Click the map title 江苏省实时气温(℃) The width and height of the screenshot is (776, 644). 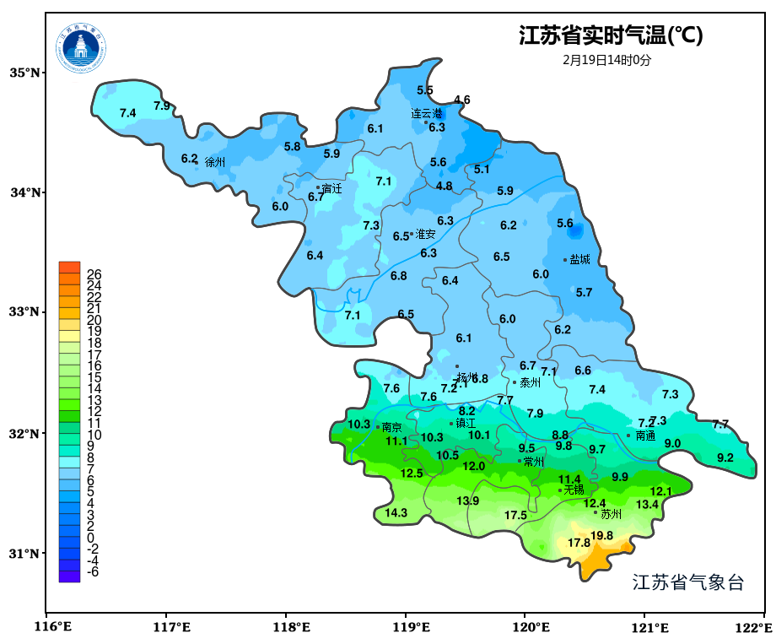click(x=610, y=36)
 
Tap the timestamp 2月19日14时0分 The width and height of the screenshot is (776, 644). click(x=607, y=60)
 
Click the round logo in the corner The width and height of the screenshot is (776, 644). click(x=82, y=48)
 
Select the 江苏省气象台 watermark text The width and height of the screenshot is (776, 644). click(x=688, y=582)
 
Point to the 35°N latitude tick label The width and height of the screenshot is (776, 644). click(x=24, y=73)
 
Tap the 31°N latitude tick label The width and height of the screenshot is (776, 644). click(x=24, y=554)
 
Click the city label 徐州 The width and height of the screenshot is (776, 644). click(x=215, y=162)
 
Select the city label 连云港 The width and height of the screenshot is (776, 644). click(x=427, y=113)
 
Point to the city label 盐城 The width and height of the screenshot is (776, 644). click(x=579, y=260)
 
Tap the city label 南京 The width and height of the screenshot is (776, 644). click(x=391, y=428)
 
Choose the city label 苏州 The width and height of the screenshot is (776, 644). click(x=611, y=513)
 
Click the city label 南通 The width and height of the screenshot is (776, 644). click(x=645, y=436)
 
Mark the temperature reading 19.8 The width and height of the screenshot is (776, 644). click(x=601, y=535)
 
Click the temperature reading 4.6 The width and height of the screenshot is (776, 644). click(x=461, y=100)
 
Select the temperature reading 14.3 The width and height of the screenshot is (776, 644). click(x=396, y=512)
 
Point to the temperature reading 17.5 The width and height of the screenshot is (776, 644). click(x=515, y=515)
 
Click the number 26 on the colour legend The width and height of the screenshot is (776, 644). click(x=94, y=274)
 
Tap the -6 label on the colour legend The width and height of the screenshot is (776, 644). click(x=93, y=571)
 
